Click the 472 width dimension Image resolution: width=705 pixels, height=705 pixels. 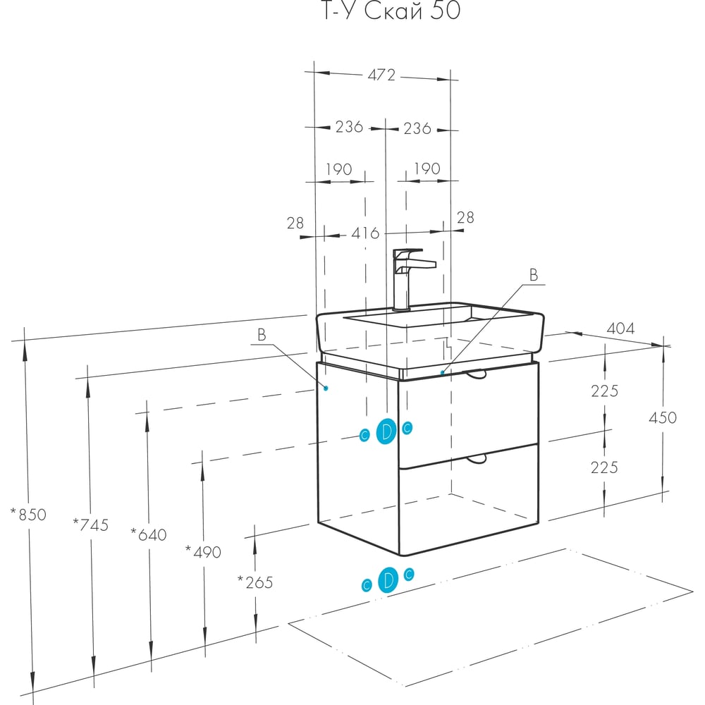pos(381,75)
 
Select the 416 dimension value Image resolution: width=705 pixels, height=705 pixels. pos(365,233)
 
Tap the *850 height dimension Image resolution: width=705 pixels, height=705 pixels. pos(28,515)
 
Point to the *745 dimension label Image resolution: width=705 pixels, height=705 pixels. pos(91,525)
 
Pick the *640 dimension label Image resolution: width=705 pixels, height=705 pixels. pos(148,534)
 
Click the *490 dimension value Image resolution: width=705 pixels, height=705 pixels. pos(203,552)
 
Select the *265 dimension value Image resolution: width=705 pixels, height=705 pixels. pos(255,582)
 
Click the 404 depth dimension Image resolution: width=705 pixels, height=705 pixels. pos(620,329)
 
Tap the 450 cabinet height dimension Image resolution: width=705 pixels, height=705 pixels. pos(662,417)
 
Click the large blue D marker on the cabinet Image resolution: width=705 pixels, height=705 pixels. pos(386,431)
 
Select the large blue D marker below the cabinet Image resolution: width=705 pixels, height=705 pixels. pos(388,580)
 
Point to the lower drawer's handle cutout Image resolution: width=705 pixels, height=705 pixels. pos(477,459)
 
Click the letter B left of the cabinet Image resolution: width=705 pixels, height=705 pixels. pos(262,334)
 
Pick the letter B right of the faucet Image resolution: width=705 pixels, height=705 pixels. pos(534,275)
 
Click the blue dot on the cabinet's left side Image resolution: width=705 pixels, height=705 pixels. pos(326,388)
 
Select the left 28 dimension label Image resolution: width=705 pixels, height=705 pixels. pos(295,223)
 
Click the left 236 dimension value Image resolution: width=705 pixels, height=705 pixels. pos(349,127)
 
